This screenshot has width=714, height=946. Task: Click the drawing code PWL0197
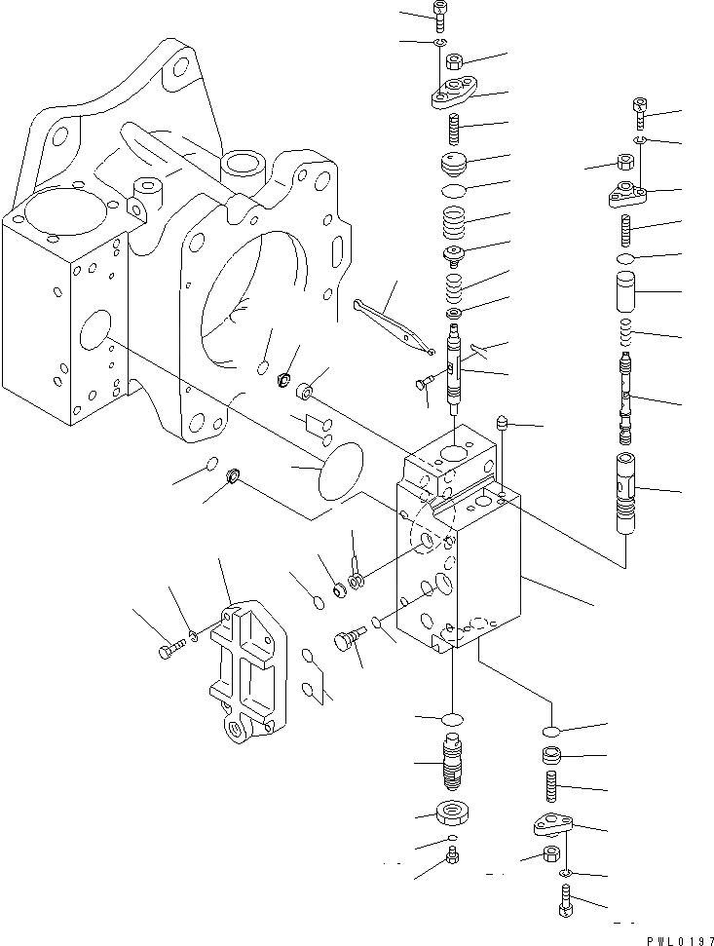(x=671, y=935)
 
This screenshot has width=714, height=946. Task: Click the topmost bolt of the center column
(x=438, y=15)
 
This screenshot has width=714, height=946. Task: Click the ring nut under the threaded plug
(x=453, y=813)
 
